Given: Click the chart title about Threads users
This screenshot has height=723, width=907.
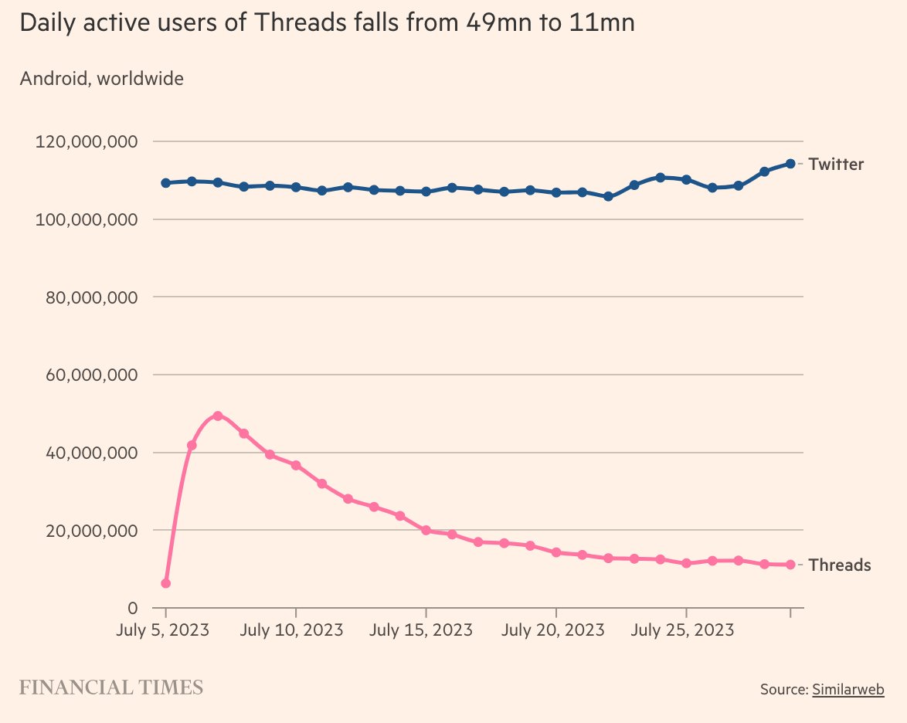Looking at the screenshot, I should tap(327, 23).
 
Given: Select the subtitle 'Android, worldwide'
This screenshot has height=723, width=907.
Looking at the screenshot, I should tap(101, 78).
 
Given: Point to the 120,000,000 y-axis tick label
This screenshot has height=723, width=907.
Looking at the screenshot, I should tap(87, 142).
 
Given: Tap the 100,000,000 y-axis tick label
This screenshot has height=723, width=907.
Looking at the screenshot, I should tap(87, 220).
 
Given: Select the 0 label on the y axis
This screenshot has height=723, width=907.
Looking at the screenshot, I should tap(133, 608).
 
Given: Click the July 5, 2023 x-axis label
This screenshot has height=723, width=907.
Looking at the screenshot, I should tap(164, 630).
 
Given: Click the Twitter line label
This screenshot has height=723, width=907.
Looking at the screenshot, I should tap(836, 164).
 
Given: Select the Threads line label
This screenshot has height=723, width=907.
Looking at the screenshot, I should tap(840, 565).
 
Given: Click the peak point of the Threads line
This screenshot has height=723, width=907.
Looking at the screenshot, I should tap(218, 416).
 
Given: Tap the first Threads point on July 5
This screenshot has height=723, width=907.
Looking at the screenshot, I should tap(165, 583).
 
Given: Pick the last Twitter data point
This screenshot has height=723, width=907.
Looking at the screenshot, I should tap(790, 163).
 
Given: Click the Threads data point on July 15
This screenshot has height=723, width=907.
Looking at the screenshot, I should tap(426, 530).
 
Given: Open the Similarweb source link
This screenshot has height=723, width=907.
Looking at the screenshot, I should tap(848, 689).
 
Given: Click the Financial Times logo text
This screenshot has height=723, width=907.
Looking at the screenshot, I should tap(110, 687).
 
